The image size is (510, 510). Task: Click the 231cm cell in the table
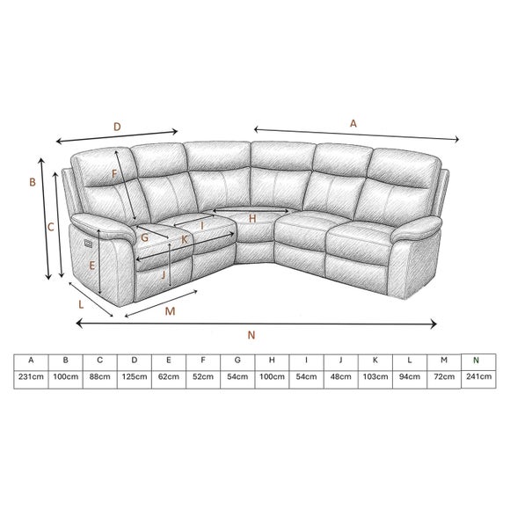(32, 376)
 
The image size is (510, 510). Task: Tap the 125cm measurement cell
(135, 376)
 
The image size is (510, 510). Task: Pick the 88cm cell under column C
(100, 376)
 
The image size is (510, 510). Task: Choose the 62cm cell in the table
(169, 376)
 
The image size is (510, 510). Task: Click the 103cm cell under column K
(375, 376)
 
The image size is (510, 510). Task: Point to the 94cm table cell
(410, 376)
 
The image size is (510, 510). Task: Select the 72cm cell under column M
(444, 376)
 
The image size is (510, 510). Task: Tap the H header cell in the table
(272, 360)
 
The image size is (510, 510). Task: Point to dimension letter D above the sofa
(117, 126)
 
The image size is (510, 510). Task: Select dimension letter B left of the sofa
(32, 183)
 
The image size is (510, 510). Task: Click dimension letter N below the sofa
(251, 334)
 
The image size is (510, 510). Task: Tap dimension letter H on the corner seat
(251, 218)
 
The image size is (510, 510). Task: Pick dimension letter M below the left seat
(170, 311)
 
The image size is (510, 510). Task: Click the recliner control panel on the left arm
(85, 237)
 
